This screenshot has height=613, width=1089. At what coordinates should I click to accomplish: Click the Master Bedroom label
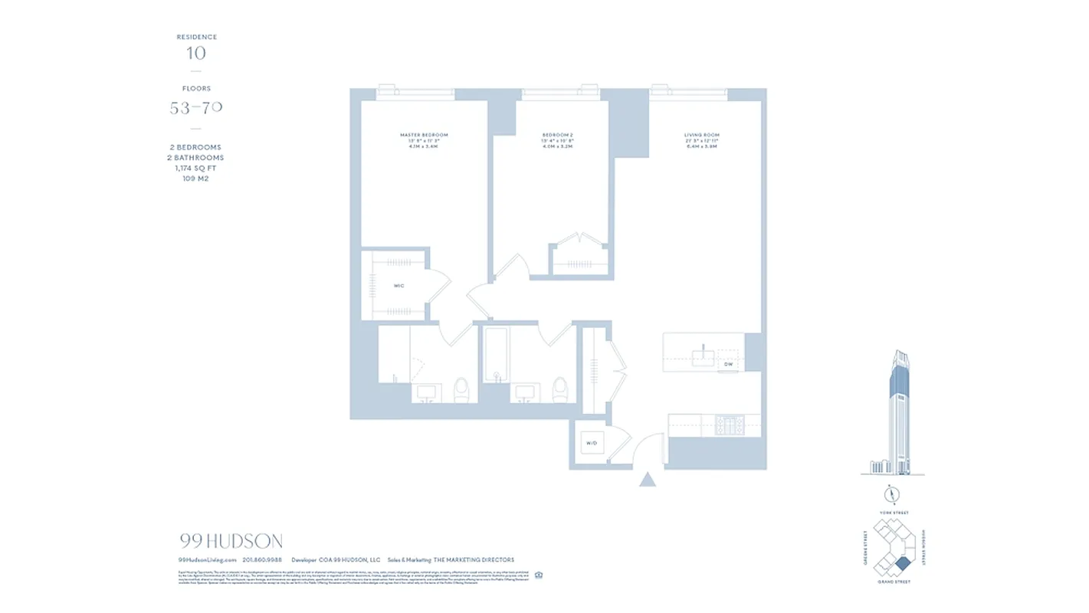click(424, 135)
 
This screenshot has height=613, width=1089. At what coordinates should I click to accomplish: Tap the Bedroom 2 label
click(558, 135)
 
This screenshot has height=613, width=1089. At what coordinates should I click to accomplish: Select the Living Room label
click(701, 135)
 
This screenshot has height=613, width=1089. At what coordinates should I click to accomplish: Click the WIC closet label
click(399, 286)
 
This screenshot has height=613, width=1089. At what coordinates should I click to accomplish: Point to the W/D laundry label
click(591, 444)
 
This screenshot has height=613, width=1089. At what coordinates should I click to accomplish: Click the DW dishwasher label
click(728, 365)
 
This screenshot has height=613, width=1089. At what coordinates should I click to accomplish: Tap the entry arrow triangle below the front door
click(648, 480)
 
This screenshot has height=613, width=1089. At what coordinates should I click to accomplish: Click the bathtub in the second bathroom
click(497, 355)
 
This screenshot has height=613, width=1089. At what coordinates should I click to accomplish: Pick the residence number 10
click(196, 53)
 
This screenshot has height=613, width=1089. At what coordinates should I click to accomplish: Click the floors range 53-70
click(196, 108)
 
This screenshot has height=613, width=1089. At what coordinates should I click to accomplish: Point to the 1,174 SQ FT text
click(196, 168)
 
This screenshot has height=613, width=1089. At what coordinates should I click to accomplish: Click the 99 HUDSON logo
click(231, 541)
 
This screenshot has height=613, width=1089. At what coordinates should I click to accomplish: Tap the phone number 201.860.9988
click(262, 560)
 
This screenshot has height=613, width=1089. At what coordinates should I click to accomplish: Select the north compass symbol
click(892, 494)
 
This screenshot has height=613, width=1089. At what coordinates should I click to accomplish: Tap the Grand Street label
click(893, 582)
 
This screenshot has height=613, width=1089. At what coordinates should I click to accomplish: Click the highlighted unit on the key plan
click(904, 564)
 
